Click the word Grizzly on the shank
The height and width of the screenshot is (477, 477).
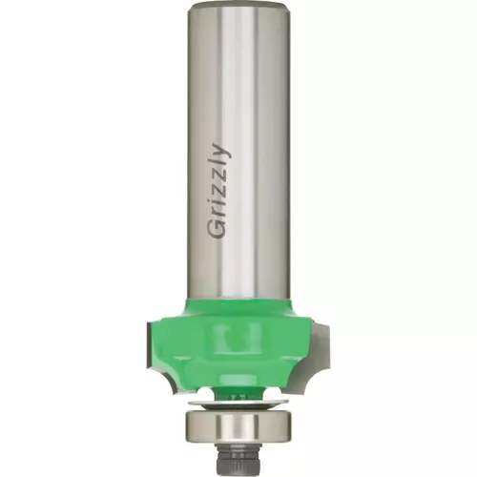[219, 191]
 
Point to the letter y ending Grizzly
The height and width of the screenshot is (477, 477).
[221, 151]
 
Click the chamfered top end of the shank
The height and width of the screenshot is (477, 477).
[238, 7]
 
